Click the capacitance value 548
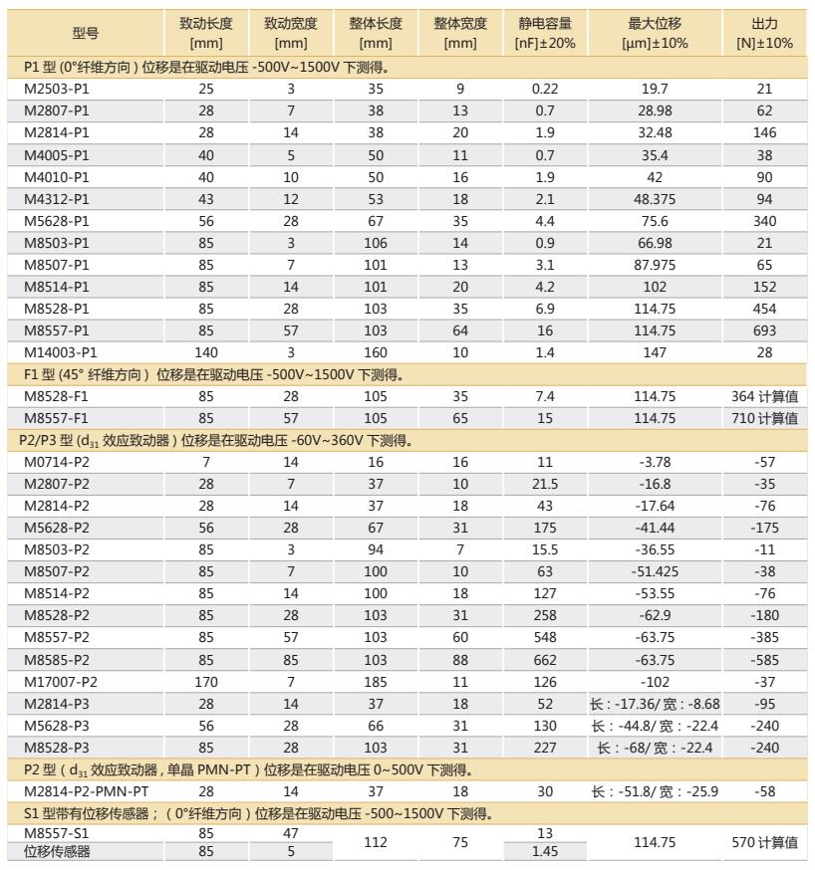544,638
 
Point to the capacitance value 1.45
544,852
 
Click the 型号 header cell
86,33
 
